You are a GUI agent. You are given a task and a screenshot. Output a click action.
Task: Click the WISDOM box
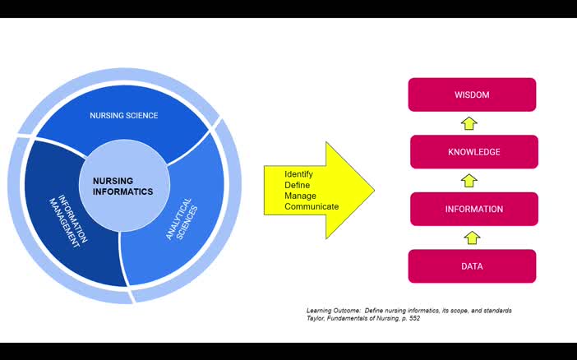[472, 95]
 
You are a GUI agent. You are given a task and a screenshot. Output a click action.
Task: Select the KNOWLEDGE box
[473, 152]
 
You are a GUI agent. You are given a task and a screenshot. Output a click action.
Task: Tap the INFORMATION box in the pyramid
[473, 209]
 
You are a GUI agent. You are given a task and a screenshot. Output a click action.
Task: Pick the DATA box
[472, 266]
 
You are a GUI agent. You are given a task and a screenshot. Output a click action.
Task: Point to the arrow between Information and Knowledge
[469, 181]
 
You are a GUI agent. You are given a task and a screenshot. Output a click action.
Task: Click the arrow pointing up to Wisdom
[469, 123]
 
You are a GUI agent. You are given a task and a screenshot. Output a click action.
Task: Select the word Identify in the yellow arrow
[298, 174]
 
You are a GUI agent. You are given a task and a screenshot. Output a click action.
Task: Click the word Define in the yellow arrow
[297, 185]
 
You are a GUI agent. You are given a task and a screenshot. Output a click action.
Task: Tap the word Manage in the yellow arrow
[299, 196]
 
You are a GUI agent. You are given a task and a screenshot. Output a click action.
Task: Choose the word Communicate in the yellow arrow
[312, 206]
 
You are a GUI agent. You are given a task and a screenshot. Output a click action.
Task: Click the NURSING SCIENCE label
[124, 116]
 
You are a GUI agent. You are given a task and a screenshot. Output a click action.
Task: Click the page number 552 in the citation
[413, 318]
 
